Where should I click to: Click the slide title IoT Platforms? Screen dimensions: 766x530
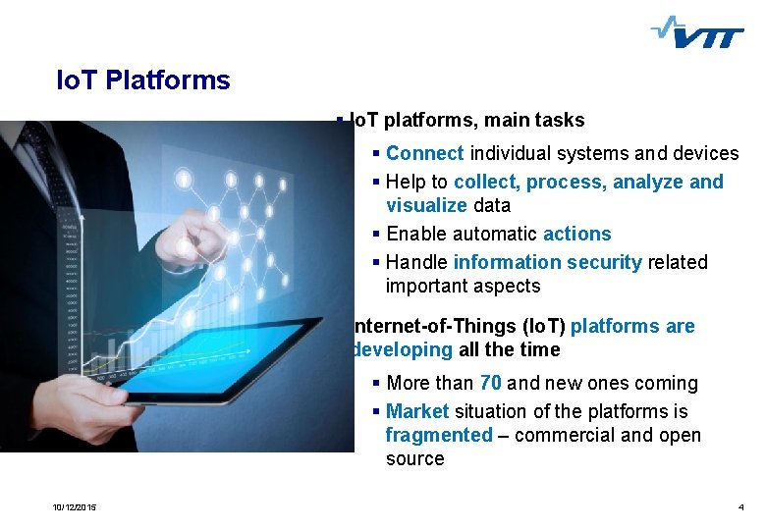pos(143,80)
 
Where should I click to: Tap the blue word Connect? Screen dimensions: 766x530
pos(425,153)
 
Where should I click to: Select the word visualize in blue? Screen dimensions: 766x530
pos(426,205)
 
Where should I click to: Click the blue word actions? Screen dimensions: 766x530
pos(577,234)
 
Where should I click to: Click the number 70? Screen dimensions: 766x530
pos(491,383)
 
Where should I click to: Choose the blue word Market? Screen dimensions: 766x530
pos(417,411)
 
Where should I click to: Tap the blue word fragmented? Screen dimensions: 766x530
pos(438,435)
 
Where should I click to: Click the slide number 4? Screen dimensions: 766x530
pos(740,506)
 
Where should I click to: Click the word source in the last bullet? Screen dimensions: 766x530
pos(414,458)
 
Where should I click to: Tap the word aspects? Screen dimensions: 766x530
pos(505,286)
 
